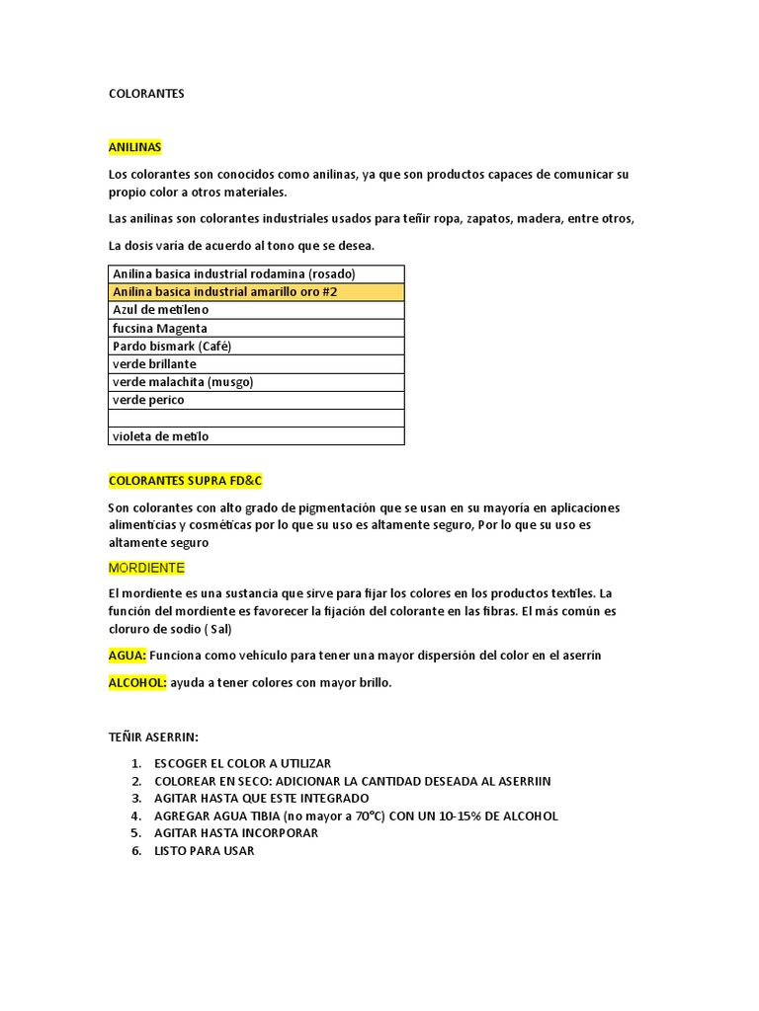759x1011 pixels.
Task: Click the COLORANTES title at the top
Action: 146,94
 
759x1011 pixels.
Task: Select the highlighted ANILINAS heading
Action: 134,147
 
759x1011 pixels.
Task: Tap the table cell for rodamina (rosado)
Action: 255,273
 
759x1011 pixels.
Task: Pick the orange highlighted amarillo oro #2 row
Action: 255,292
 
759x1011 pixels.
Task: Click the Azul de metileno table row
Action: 255,310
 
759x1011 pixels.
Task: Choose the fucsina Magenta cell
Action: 255,328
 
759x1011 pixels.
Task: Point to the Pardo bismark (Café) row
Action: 255,347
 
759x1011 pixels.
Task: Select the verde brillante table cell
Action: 255,364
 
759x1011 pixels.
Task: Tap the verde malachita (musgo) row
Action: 255,382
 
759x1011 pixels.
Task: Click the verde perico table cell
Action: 255,400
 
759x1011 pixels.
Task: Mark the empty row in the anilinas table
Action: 255,418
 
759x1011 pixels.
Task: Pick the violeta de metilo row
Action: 255,436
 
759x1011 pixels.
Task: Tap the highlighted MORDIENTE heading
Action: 146,569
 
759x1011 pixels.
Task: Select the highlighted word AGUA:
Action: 127,655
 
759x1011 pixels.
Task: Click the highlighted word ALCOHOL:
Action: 137,682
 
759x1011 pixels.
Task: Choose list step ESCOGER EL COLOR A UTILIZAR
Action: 242,763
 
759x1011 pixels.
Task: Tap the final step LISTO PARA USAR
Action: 204,851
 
